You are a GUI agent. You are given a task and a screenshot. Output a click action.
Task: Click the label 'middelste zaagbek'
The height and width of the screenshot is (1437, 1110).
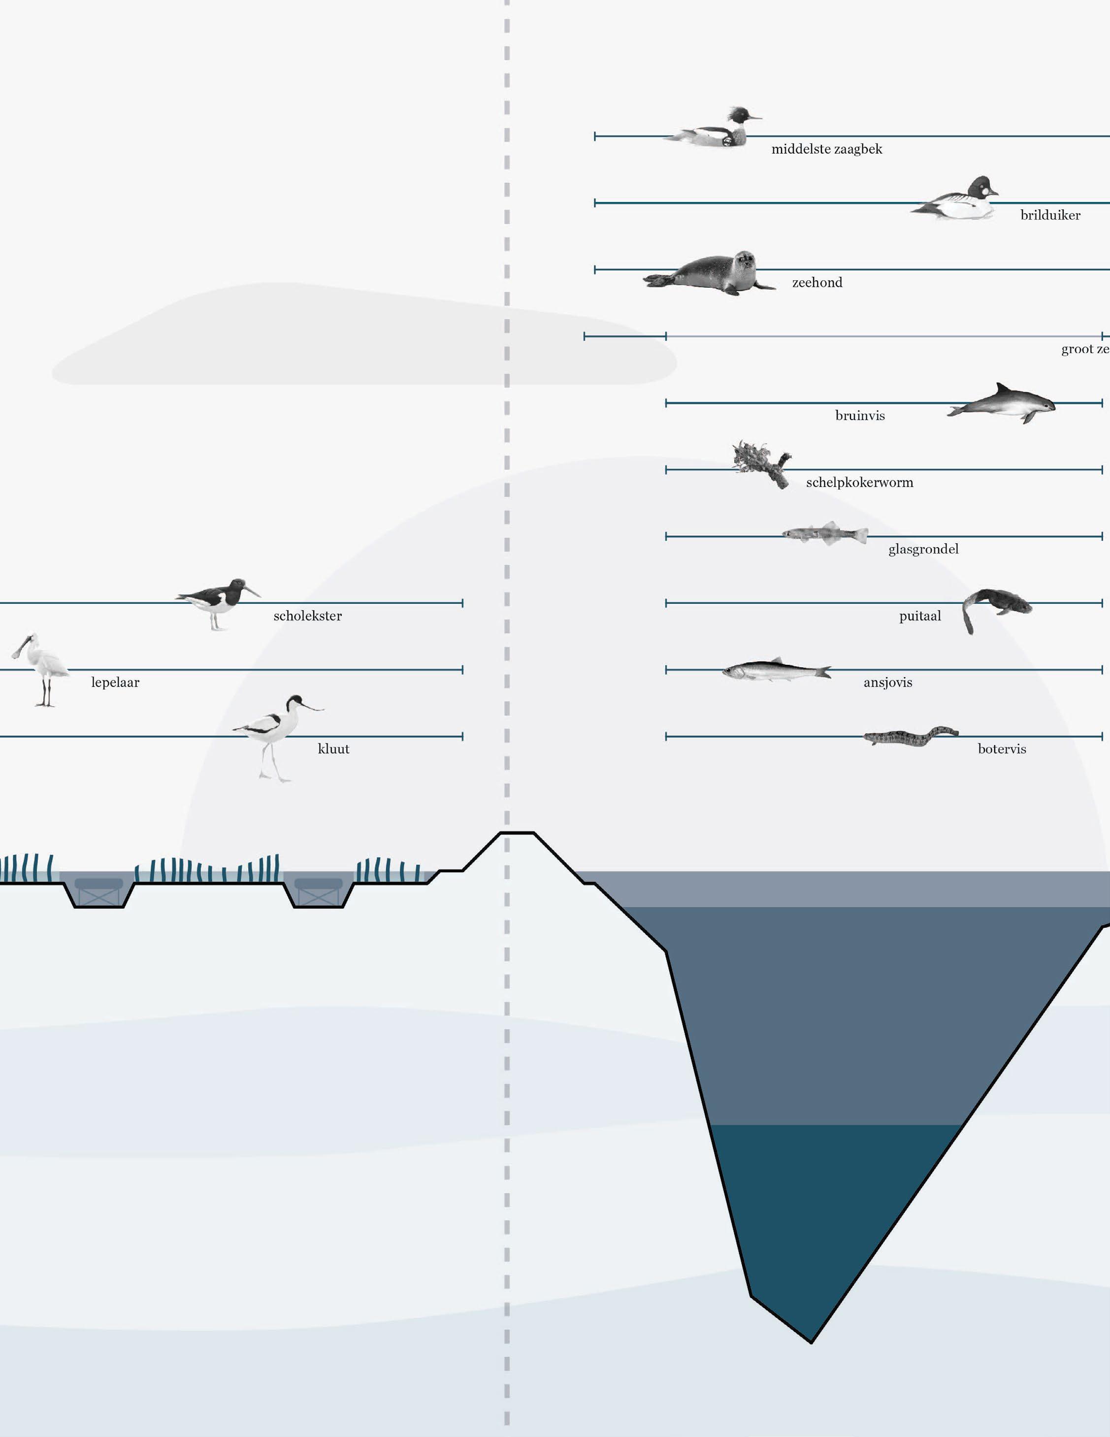[826, 149]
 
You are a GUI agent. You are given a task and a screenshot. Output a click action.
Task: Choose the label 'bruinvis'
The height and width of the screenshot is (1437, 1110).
[859, 416]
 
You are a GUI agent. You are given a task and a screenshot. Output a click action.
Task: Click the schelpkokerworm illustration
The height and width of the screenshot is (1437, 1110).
[763, 462]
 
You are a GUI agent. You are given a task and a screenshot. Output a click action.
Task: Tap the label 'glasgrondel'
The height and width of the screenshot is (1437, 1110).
[923, 550]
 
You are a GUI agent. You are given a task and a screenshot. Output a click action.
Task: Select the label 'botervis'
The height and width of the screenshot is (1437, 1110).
[1002, 750]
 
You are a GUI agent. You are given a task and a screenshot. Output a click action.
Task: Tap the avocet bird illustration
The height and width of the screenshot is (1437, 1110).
[276, 730]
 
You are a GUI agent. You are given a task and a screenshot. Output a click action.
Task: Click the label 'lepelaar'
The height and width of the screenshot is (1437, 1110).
[115, 683]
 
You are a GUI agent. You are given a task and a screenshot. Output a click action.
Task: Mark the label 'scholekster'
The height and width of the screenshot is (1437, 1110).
[307, 616]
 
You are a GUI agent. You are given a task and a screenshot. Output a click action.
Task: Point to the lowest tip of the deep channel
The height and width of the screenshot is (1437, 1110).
[811, 1342]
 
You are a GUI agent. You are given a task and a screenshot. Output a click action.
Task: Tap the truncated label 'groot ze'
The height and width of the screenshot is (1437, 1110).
[1085, 349]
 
